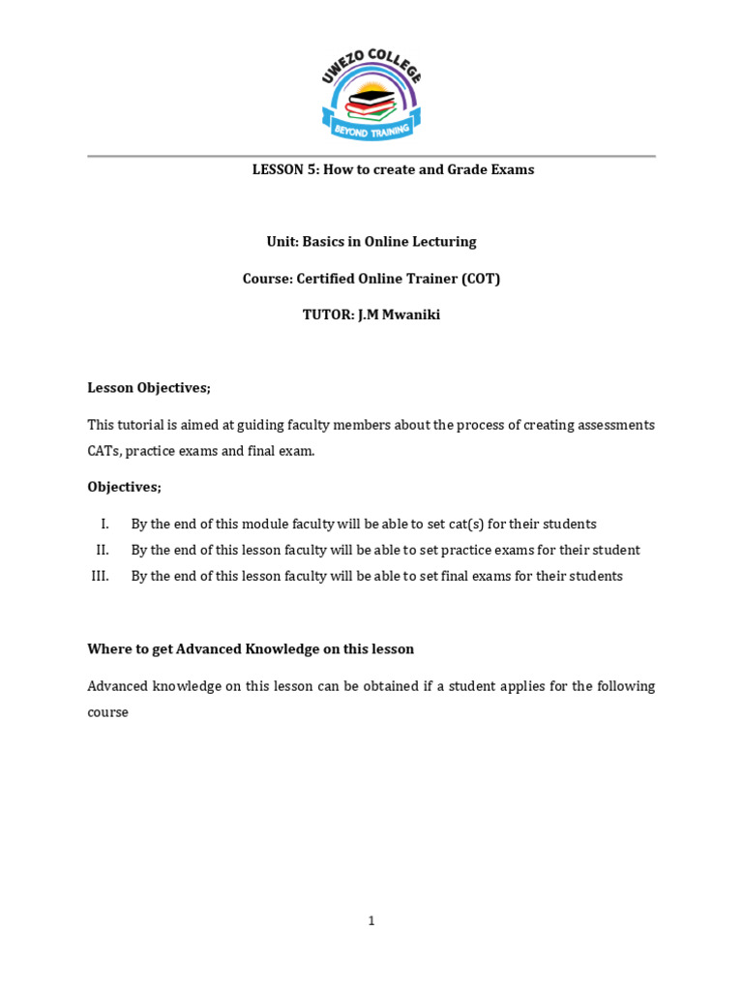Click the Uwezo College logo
371,93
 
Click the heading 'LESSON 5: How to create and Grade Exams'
393,169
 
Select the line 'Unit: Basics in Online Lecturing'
371,242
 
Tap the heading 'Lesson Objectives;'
149,388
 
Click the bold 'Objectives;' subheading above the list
125,487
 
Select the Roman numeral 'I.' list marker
104,525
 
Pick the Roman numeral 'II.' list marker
103,551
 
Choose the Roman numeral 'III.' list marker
101,577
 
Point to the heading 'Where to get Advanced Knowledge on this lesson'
251,649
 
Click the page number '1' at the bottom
371,921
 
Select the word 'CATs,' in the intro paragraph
104,451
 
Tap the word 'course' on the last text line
107,712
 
